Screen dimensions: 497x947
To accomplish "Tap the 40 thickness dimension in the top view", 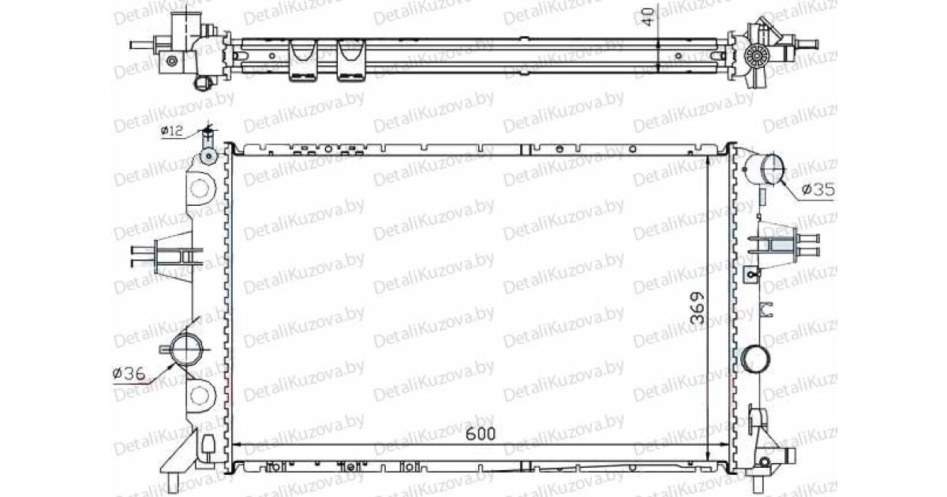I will [648, 17].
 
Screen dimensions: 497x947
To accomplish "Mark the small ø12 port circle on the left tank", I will [208, 156].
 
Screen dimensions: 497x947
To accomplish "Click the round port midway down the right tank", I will [755, 359].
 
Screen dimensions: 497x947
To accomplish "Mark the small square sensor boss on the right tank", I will [750, 273].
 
